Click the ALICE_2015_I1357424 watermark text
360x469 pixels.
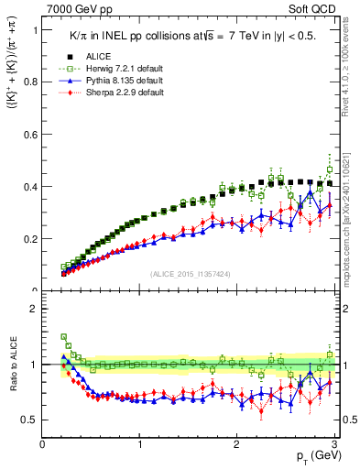[190, 275]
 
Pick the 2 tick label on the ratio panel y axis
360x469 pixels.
[33, 309]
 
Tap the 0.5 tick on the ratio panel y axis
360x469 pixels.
[29, 420]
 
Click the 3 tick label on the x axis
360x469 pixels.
[335, 445]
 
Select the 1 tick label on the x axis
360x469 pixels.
[140, 445]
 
